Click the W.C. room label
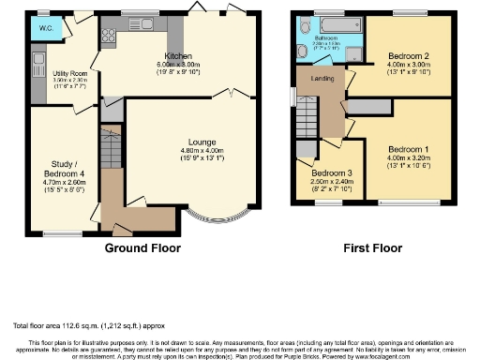tap(45, 28)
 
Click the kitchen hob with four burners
tap(107, 38)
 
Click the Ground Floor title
tap(142, 248)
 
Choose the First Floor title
tap(368, 248)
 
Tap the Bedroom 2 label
tap(408, 57)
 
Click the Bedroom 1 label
tap(409, 150)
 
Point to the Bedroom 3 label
tap(332, 174)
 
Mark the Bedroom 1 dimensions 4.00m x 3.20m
tap(409, 158)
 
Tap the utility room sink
tap(38, 67)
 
